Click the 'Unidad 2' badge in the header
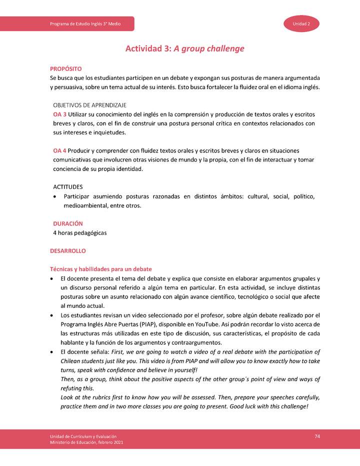point(302,24)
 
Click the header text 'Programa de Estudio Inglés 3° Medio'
point(85,24)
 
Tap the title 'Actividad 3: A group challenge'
point(184,49)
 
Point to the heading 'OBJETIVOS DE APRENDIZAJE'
point(89,105)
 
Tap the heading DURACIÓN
point(68,223)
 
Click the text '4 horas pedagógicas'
point(80,233)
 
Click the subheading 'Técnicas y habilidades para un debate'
point(100,269)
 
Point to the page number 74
point(317,436)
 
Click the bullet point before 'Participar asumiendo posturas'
point(55,196)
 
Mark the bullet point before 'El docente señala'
point(52,351)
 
